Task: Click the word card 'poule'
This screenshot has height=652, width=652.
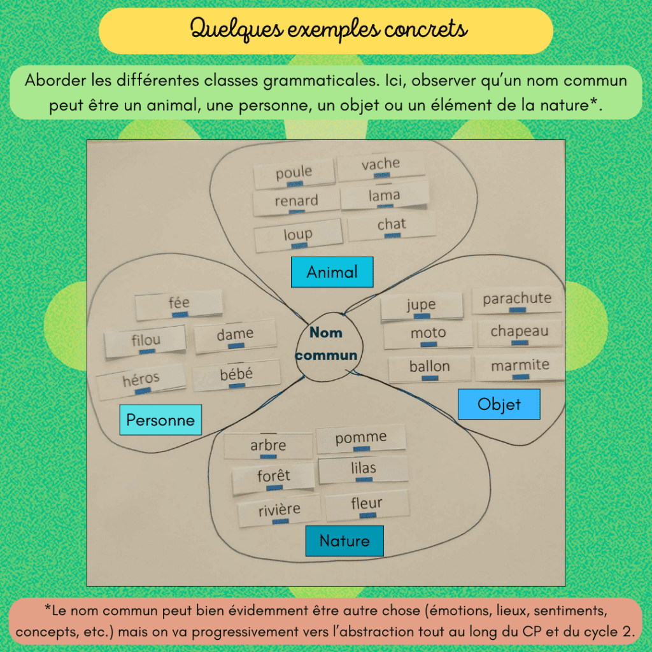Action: click(294, 174)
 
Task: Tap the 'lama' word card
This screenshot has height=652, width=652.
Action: click(384, 196)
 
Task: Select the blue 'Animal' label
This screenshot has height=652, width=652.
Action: click(332, 273)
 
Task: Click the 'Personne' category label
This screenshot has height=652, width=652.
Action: click(160, 420)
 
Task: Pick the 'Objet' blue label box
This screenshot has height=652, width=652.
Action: click(499, 404)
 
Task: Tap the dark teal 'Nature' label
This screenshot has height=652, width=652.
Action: click(344, 541)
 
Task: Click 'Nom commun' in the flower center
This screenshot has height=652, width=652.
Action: click(326, 344)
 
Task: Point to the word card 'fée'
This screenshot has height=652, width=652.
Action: click(179, 304)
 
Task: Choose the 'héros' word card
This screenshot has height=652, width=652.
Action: click(141, 381)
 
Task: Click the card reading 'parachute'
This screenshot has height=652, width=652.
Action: click(517, 300)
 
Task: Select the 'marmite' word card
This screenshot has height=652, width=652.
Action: click(520, 366)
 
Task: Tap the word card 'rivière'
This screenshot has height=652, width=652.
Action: click(279, 511)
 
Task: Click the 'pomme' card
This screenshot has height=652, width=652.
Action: click(361, 439)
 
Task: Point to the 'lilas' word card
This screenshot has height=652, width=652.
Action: click(363, 469)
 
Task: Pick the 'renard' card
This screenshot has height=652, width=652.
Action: click(296, 202)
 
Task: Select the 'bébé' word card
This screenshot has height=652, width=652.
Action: click(236, 376)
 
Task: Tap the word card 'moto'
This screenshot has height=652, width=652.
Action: click(428, 334)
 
